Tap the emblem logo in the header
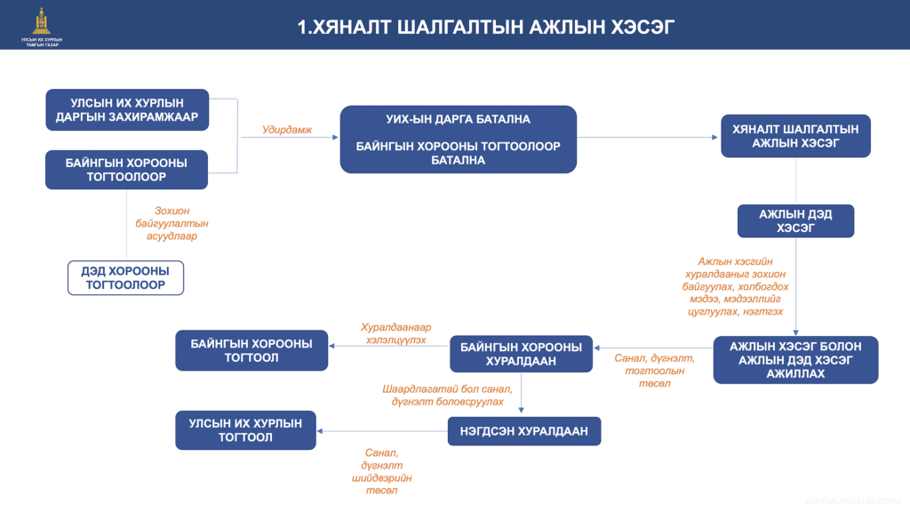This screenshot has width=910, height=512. [x=41, y=20]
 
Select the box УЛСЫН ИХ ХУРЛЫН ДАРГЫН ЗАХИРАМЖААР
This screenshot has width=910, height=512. [x=127, y=110]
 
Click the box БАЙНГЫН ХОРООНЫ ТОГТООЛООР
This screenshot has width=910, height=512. [x=127, y=170]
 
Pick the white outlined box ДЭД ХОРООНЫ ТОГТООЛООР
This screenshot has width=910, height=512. [x=126, y=277]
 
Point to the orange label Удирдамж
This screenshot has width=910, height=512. [x=287, y=130]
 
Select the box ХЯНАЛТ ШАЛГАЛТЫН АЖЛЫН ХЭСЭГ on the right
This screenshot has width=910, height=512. [x=795, y=136]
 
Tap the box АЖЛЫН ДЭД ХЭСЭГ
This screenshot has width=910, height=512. [x=795, y=221]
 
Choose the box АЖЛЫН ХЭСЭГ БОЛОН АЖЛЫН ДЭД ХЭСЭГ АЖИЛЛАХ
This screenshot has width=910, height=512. [x=795, y=360]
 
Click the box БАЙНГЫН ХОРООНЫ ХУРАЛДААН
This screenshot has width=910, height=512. [x=521, y=354]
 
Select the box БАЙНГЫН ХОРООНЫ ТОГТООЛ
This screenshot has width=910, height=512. [x=251, y=350]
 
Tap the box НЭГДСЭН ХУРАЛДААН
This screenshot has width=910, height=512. [x=524, y=431]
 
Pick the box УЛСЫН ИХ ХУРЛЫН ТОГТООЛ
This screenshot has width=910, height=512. [x=245, y=430]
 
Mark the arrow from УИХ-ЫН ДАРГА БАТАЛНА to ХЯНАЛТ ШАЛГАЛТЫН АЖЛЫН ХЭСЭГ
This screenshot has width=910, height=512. [x=649, y=137]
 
